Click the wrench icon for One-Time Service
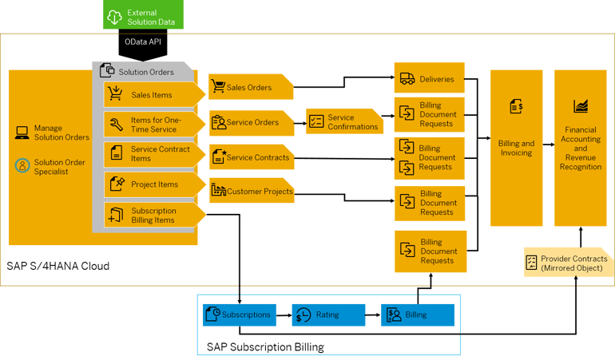[116, 124]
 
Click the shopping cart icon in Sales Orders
[217, 87]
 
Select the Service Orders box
[251, 123]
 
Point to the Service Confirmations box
[343, 122]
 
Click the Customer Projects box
[251, 192]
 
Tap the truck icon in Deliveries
[407, 79]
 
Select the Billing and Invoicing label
[516, 148]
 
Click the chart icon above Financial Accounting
[580, 106]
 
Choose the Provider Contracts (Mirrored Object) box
[568, 263]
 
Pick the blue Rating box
[327, 315]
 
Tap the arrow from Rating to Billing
[373, 315]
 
